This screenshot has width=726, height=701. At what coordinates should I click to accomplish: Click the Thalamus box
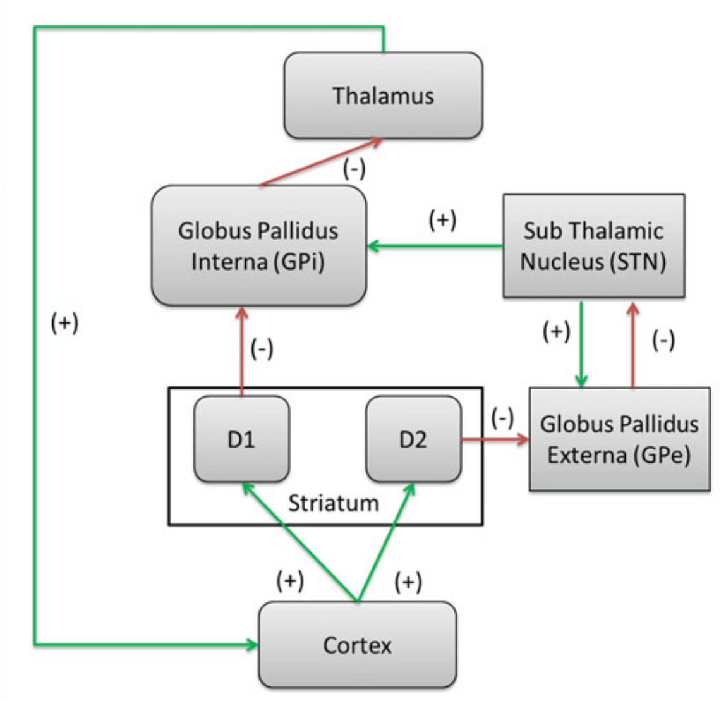[383, 95]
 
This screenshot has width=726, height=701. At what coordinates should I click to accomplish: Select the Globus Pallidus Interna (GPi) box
[258, 245]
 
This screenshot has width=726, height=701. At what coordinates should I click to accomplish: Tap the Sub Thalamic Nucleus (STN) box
[593, 246]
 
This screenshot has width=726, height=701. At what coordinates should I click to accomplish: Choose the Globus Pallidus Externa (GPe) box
[619, 439]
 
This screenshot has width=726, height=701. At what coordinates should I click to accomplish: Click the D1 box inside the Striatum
[241, 439]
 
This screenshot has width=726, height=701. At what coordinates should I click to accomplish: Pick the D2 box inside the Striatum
[413, 439]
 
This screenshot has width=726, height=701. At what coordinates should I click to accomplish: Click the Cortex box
[357, 645]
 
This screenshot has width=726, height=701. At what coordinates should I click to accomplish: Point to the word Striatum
[334, 503]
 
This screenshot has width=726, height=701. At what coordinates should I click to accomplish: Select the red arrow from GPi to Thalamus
[321, 162]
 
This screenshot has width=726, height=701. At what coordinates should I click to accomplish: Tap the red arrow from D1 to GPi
[241, 351]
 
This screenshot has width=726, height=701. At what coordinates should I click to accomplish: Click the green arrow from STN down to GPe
[581, 344]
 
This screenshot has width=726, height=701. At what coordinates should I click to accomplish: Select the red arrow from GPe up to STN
[632, 344]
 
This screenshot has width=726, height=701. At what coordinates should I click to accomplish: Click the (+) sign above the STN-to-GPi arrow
[442, 220]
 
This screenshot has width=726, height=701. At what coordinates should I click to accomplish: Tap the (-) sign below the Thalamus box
[354, 169]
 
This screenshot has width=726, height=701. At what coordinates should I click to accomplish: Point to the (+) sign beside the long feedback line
[64, 323]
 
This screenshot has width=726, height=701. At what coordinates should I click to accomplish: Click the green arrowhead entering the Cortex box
[253, 645]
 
